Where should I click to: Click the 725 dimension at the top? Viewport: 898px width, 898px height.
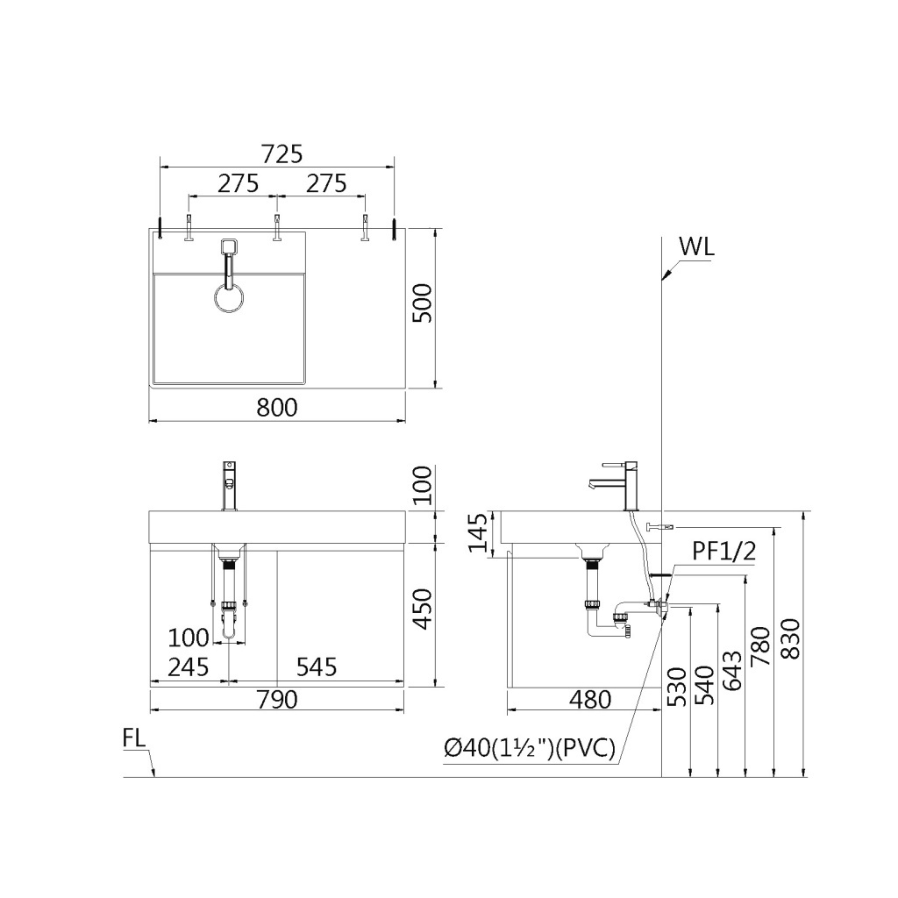tap(282, 154)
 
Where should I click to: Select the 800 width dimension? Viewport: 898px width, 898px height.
tap(277, 407)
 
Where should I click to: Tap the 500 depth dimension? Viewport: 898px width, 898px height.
tap(423, 303)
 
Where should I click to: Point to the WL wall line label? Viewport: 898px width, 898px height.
tap(696, 246)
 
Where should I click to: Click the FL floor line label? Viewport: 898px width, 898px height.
tap(134, 738)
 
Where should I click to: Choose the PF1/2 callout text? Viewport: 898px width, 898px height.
tap(723, 551)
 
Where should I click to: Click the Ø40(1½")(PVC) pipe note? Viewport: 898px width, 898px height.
tap(530, 748)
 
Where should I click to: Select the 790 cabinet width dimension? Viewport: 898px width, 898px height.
tap(277, 699)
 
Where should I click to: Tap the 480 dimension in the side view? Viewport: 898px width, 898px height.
tap(590, 699)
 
